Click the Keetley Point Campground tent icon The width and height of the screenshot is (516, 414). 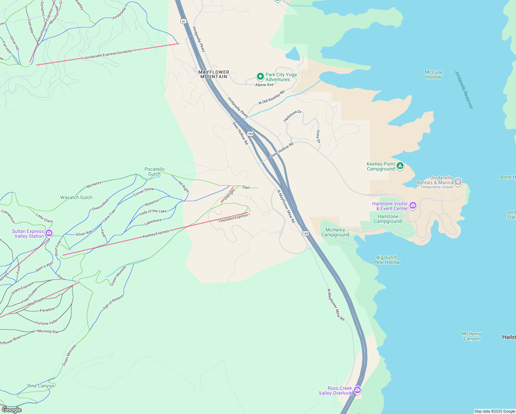pos(400,166)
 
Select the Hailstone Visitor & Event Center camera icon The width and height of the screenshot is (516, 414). pos(413,206)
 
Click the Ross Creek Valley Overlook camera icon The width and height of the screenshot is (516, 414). pos(357,390)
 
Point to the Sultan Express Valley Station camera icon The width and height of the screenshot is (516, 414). pos(49,234)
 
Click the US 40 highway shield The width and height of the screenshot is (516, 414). pos(183,21)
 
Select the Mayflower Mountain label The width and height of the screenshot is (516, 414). pos(214,75)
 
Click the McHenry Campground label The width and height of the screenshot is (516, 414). pos(335,232)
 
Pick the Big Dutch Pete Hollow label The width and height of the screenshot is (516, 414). pos(387,260)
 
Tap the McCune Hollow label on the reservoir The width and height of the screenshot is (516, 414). pos(434,75)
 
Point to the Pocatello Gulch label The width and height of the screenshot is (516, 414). pos(155,171)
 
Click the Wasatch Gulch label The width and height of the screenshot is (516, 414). pos(77,197)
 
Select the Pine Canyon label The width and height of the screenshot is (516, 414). pos(41,386)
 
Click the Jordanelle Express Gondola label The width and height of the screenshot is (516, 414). pos(108,55)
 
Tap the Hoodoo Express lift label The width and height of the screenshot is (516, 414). pos(234,218)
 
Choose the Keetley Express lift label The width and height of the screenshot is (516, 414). pos(156,234)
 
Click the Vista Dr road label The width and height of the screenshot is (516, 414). pos(318,137)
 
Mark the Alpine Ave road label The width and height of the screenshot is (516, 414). pos(264,85)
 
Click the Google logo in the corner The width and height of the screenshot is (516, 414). pos(11,410)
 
